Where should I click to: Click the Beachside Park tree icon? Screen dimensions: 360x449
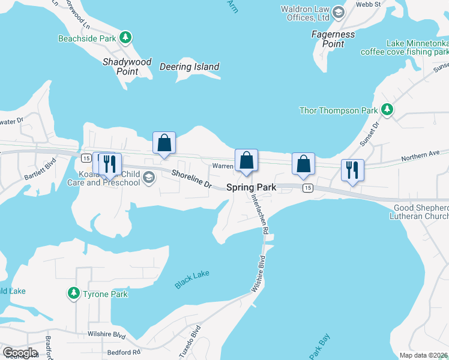click(125, 38)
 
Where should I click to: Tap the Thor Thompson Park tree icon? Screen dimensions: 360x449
click(388, 110)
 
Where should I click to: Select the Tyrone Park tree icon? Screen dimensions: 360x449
click(74, 293)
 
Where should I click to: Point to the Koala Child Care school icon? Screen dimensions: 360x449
click(149, 176)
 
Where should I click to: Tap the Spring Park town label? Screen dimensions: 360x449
click(251, 187)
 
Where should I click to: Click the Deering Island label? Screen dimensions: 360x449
click(190, 67)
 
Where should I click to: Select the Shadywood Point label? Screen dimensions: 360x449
click(127, 67)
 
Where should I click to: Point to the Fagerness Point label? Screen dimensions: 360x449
click(333, 39)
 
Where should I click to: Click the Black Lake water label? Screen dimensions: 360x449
click(192, 279)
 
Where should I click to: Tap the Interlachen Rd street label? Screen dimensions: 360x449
click(259, 210)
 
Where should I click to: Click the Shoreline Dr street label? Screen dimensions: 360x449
click(192, 179)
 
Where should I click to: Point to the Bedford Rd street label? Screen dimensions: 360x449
click(124, 352)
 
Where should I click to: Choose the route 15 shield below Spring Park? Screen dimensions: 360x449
click(307, 188)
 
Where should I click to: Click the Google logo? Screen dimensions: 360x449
click(20, 352)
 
